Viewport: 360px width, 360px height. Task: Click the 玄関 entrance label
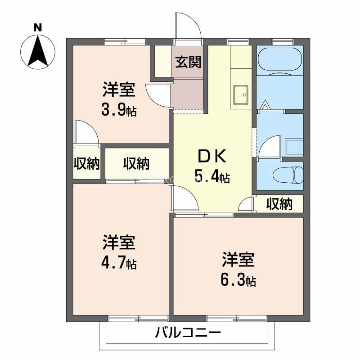(x=188, y=62)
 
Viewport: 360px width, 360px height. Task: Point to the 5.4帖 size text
(x=212, y=176)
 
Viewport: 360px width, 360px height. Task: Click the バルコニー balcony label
(x=188, y=334)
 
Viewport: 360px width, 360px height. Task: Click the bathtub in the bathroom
(x=279, y=59)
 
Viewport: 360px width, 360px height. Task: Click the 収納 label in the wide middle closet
(x=136, y=164)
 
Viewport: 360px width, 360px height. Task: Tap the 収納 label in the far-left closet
(x=86, y=164)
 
